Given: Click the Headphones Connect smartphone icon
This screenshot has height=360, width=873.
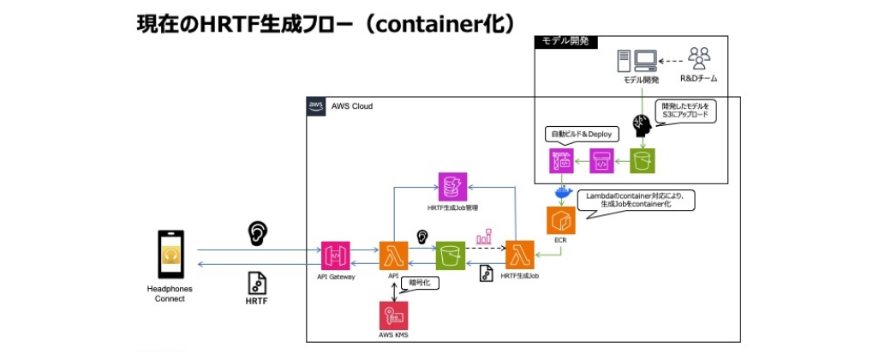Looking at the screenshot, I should (171, 255).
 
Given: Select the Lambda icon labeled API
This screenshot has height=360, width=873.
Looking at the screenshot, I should (393, 255).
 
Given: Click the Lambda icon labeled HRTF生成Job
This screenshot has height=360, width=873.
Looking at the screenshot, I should (519, 255).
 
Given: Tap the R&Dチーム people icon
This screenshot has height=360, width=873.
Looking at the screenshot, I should (699, 59).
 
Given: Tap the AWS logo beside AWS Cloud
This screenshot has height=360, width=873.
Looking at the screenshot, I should (314, 106).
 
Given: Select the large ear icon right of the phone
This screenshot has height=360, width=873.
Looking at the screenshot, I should (255, 233).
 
